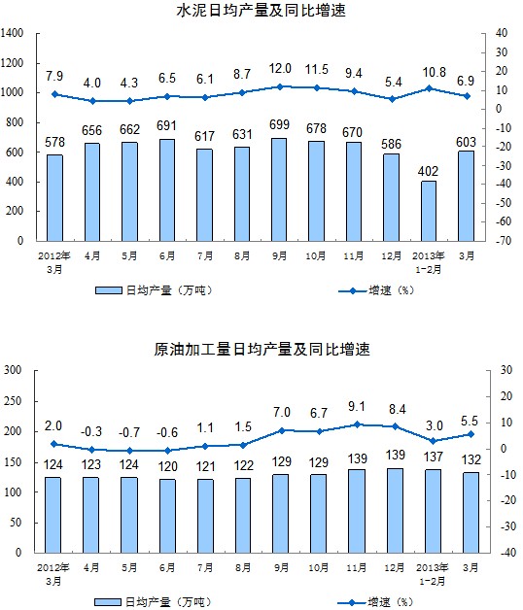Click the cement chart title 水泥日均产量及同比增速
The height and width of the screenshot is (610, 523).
[261, 11]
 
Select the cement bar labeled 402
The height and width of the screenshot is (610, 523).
[429, 211]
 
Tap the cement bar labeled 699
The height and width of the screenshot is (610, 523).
[279, 189]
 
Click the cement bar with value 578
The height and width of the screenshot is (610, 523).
[54, 198]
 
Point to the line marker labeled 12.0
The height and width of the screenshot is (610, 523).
[280, 86]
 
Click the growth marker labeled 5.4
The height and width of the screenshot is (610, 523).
[392, 99]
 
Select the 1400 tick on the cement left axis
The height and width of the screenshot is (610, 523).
[12, 33]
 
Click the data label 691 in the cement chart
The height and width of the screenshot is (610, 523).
[166, 125]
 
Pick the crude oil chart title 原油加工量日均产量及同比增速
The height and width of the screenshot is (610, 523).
[261, 349]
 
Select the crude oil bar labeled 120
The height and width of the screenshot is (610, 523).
[167, 516]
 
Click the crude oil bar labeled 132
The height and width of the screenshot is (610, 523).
[471, 513]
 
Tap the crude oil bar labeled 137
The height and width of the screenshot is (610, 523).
[433, 511]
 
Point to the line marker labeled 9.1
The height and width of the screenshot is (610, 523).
[357, 424]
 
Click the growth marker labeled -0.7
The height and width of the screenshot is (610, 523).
[129, 451]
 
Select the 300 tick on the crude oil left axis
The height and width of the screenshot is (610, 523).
[13, 369]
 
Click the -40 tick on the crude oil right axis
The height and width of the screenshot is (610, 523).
[508, 553]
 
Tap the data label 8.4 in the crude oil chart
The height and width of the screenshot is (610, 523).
[398, 409]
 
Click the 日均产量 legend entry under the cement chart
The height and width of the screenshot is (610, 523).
[154, 290]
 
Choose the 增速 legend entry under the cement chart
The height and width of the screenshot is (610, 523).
[375, 290]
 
